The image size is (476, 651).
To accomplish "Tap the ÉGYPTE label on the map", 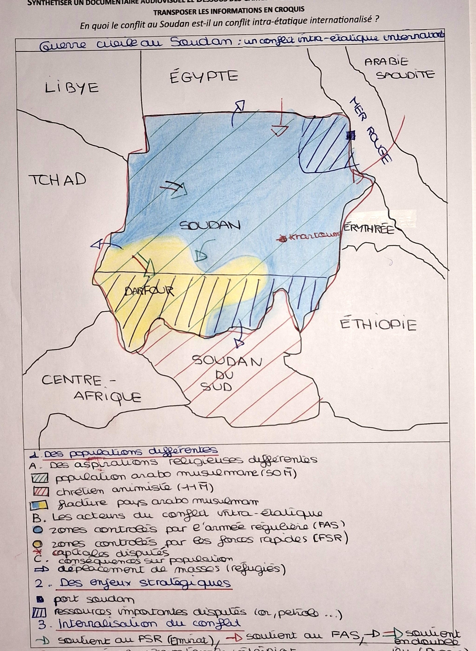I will click(x=204, y=77).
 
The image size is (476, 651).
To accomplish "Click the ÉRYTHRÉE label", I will click(x=369, y=230).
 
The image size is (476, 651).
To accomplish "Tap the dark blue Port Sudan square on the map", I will click(x=350, y=135).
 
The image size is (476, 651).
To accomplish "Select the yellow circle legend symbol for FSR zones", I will click(x=40, y=544).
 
